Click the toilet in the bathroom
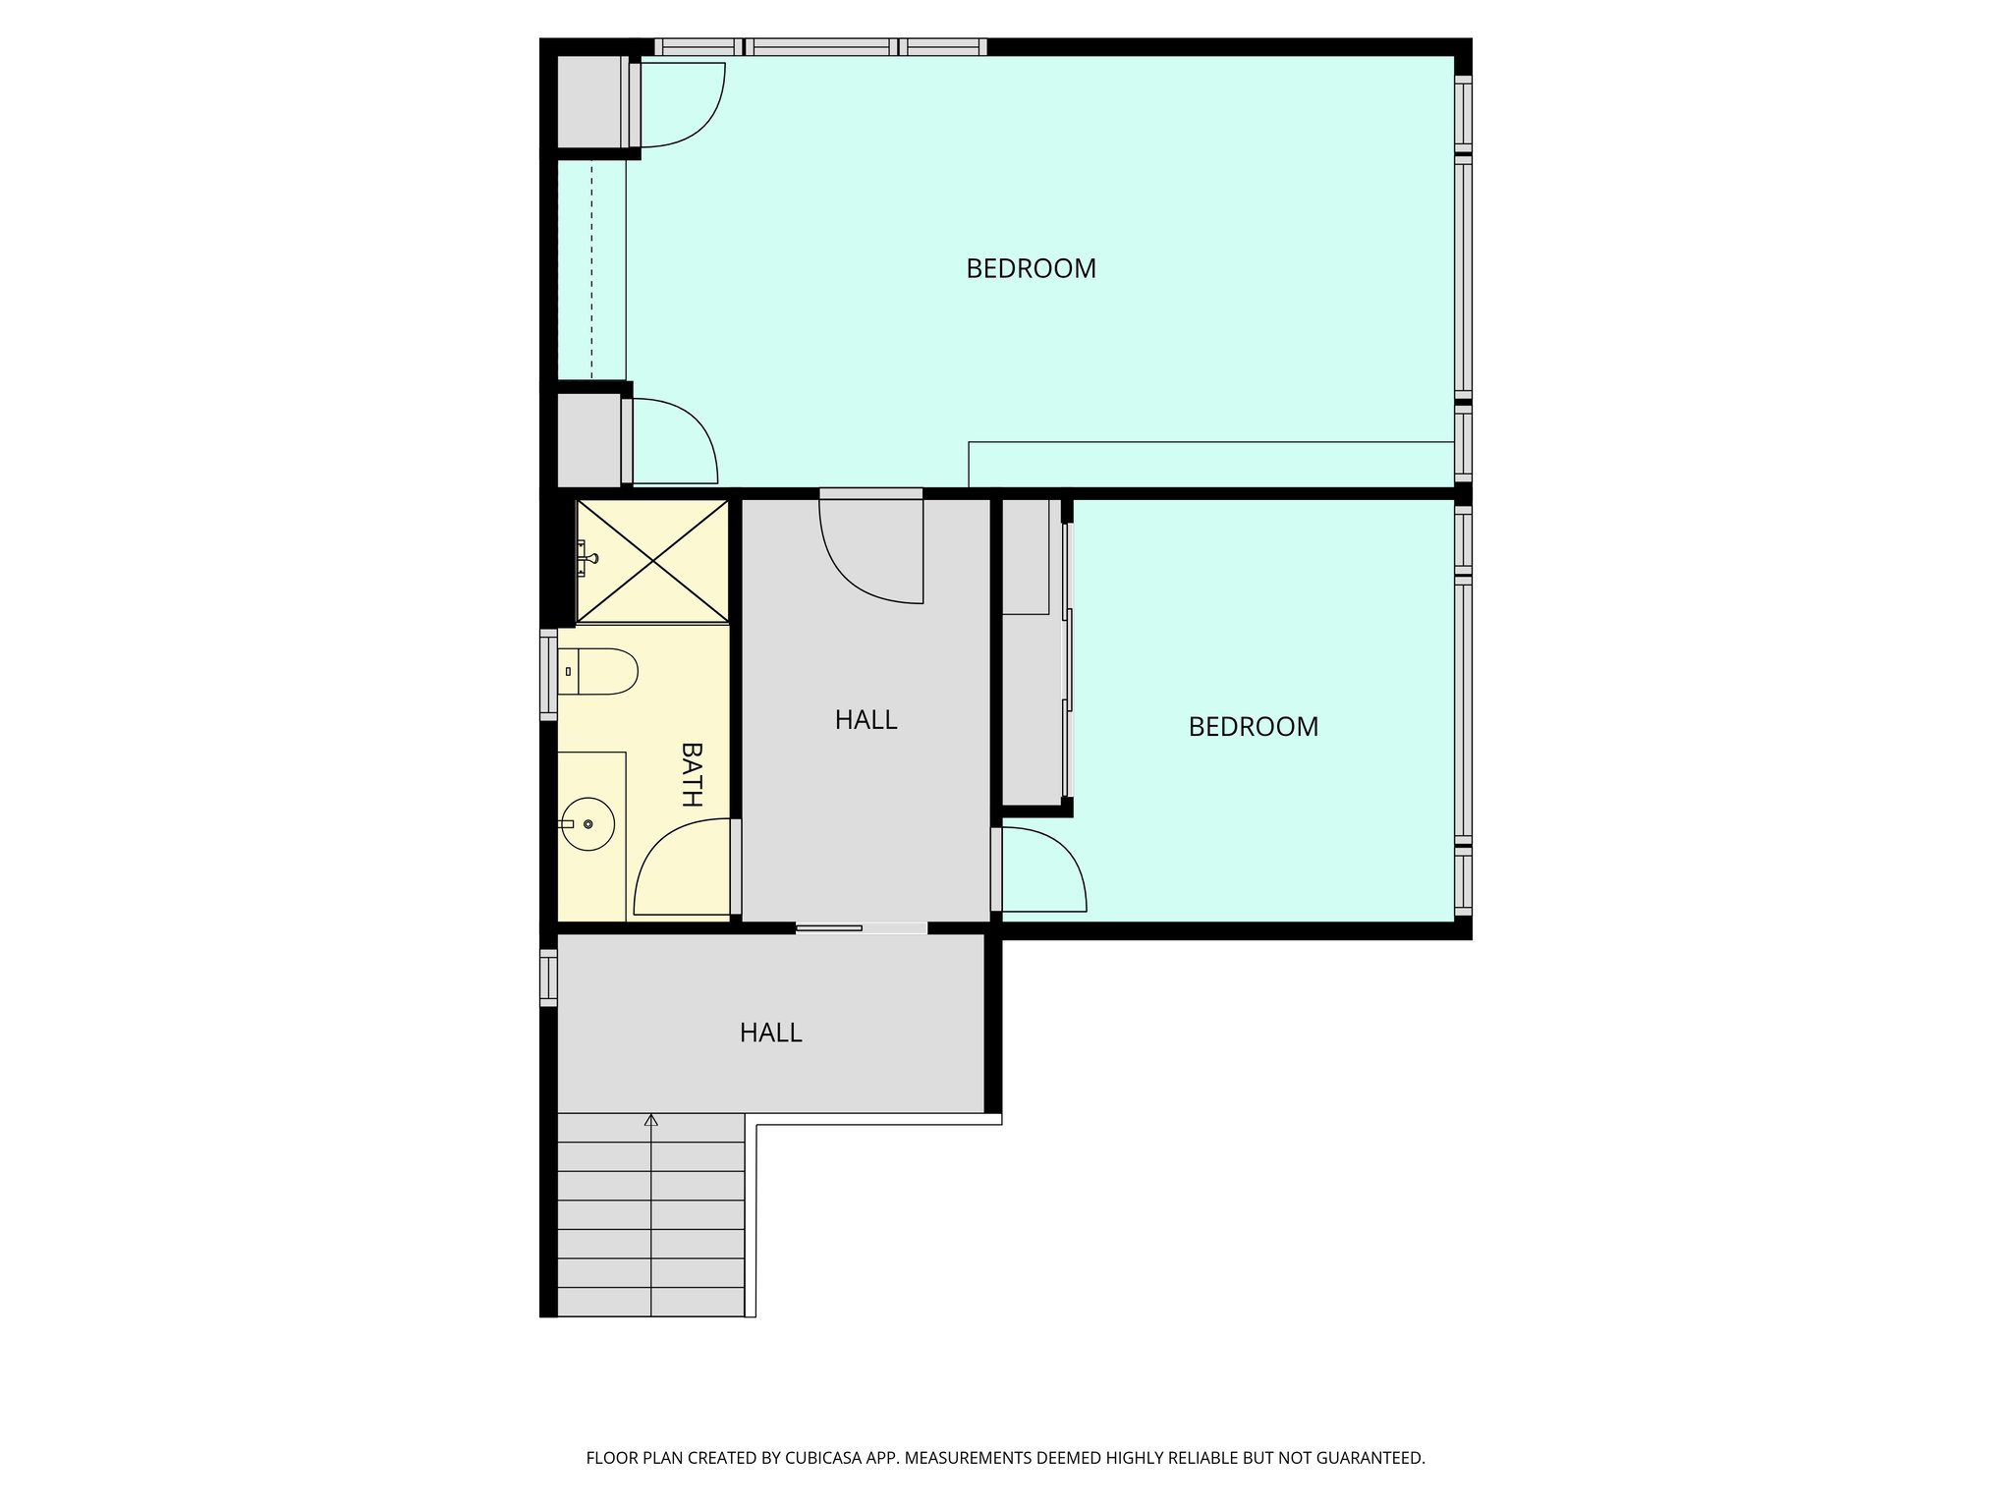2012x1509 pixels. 598,672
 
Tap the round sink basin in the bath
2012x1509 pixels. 588,824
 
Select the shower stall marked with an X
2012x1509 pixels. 653,561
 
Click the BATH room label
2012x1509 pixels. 693,774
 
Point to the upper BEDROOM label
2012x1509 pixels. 1031,268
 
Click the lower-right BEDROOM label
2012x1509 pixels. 1253,727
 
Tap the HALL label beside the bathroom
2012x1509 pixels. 866,720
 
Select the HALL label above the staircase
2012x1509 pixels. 770,1033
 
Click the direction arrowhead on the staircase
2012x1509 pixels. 651,1119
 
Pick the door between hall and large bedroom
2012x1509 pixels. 869,550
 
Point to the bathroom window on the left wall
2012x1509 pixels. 548,675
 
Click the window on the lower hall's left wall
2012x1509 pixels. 548,978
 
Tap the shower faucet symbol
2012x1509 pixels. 587,558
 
